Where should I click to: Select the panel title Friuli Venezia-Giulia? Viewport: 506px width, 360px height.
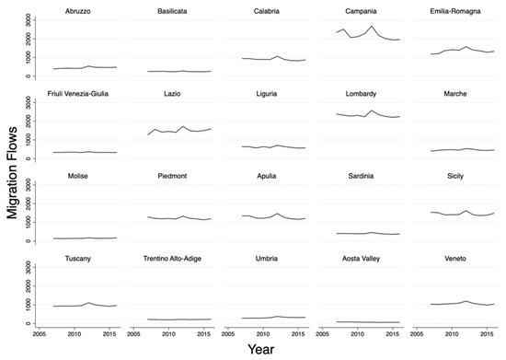[x=81, y=93]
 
